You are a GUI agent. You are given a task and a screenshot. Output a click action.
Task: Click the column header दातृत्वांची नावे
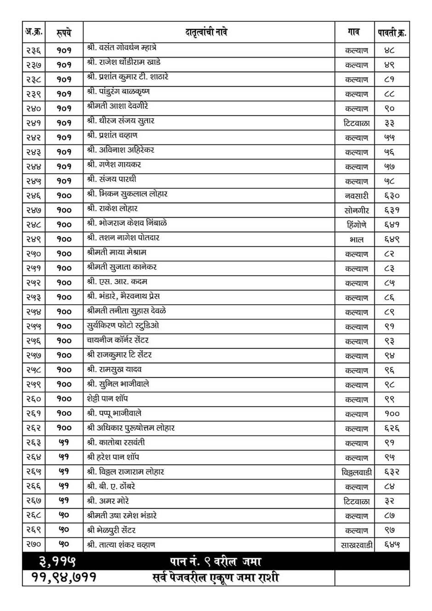(x=206, y=33)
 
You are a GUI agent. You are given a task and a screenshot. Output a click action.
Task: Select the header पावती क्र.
(x=392, y=33)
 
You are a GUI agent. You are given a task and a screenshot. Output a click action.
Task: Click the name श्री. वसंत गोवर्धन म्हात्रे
(x=122, y=48)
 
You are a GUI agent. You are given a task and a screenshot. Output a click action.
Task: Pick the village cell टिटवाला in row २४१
(x=357, y=123)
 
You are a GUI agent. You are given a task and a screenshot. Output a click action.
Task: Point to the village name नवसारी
(x=357, y=196)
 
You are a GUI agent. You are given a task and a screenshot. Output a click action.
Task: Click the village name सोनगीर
(x=357, y=210)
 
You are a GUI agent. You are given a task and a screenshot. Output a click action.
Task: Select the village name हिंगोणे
(x=357, y=225)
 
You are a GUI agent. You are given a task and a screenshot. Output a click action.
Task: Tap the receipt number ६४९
(x=392, y=239)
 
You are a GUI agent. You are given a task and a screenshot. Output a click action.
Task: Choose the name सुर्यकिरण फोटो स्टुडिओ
(x=123, y=326)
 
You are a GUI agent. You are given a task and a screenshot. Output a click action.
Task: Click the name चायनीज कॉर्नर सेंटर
(x=118, y=340)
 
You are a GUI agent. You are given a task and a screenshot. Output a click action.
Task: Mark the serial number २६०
(x=34, y=399)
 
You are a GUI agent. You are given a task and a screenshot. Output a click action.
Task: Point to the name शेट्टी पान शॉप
(x=108, y=399)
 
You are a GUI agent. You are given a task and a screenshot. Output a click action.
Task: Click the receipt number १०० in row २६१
(x=392, y=414)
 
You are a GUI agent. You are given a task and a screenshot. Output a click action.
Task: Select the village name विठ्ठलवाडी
(x=357, y=472)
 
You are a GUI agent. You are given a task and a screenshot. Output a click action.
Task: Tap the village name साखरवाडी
(x=357, y=545)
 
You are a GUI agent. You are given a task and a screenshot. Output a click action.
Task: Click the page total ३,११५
(x=57, y=561)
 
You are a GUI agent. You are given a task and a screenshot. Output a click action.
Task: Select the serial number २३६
(x=34, y=51)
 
